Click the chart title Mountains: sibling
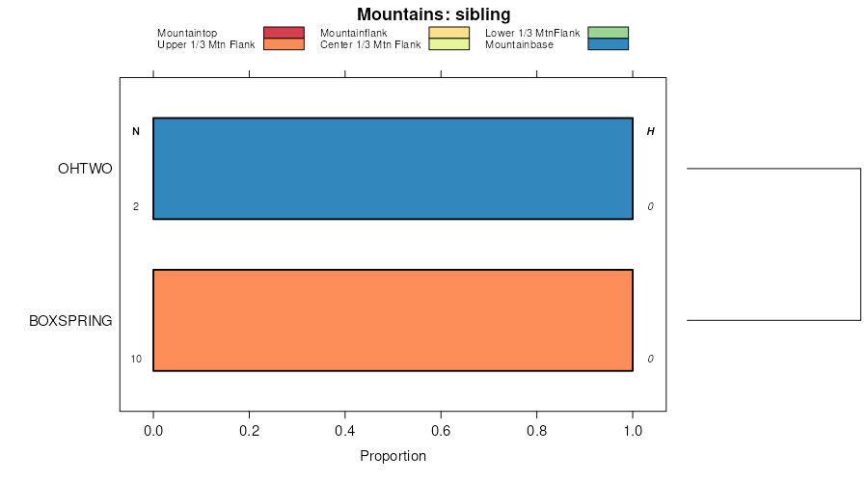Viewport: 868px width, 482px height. (x=433, y=14)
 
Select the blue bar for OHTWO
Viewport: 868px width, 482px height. (x=393, y=169)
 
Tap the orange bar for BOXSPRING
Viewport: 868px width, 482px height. (x=393, y=320)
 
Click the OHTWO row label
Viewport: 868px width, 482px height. (x=85, y=169)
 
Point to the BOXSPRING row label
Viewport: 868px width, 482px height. (x=70, y=320)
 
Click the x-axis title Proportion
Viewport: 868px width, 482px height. (x=393, y=456)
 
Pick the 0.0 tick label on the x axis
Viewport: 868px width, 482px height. (x=153, y=431)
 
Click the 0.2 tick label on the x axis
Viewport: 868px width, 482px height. (x=249, y=431)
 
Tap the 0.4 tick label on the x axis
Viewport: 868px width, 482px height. (x=345, y=431)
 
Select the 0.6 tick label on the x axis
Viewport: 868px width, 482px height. (x=441, y=431)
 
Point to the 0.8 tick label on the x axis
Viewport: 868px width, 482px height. (x=537, y=431)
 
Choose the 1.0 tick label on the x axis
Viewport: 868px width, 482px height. (x=633, y=431)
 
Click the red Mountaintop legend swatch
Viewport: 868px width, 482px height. (x=284, y=33)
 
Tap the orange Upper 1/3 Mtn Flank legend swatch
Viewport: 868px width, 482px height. (x=284, y=44)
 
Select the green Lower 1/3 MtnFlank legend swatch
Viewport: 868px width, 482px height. (x=608, y=33)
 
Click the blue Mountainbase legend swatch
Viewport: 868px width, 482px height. (x=608, y=44)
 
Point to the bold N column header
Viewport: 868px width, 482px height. (x=136, y=131)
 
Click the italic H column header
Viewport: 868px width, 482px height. (x=650, y=131)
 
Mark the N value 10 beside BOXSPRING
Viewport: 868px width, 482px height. (x=136, y=360)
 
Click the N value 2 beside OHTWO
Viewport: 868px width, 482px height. (x=136, y=207)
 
